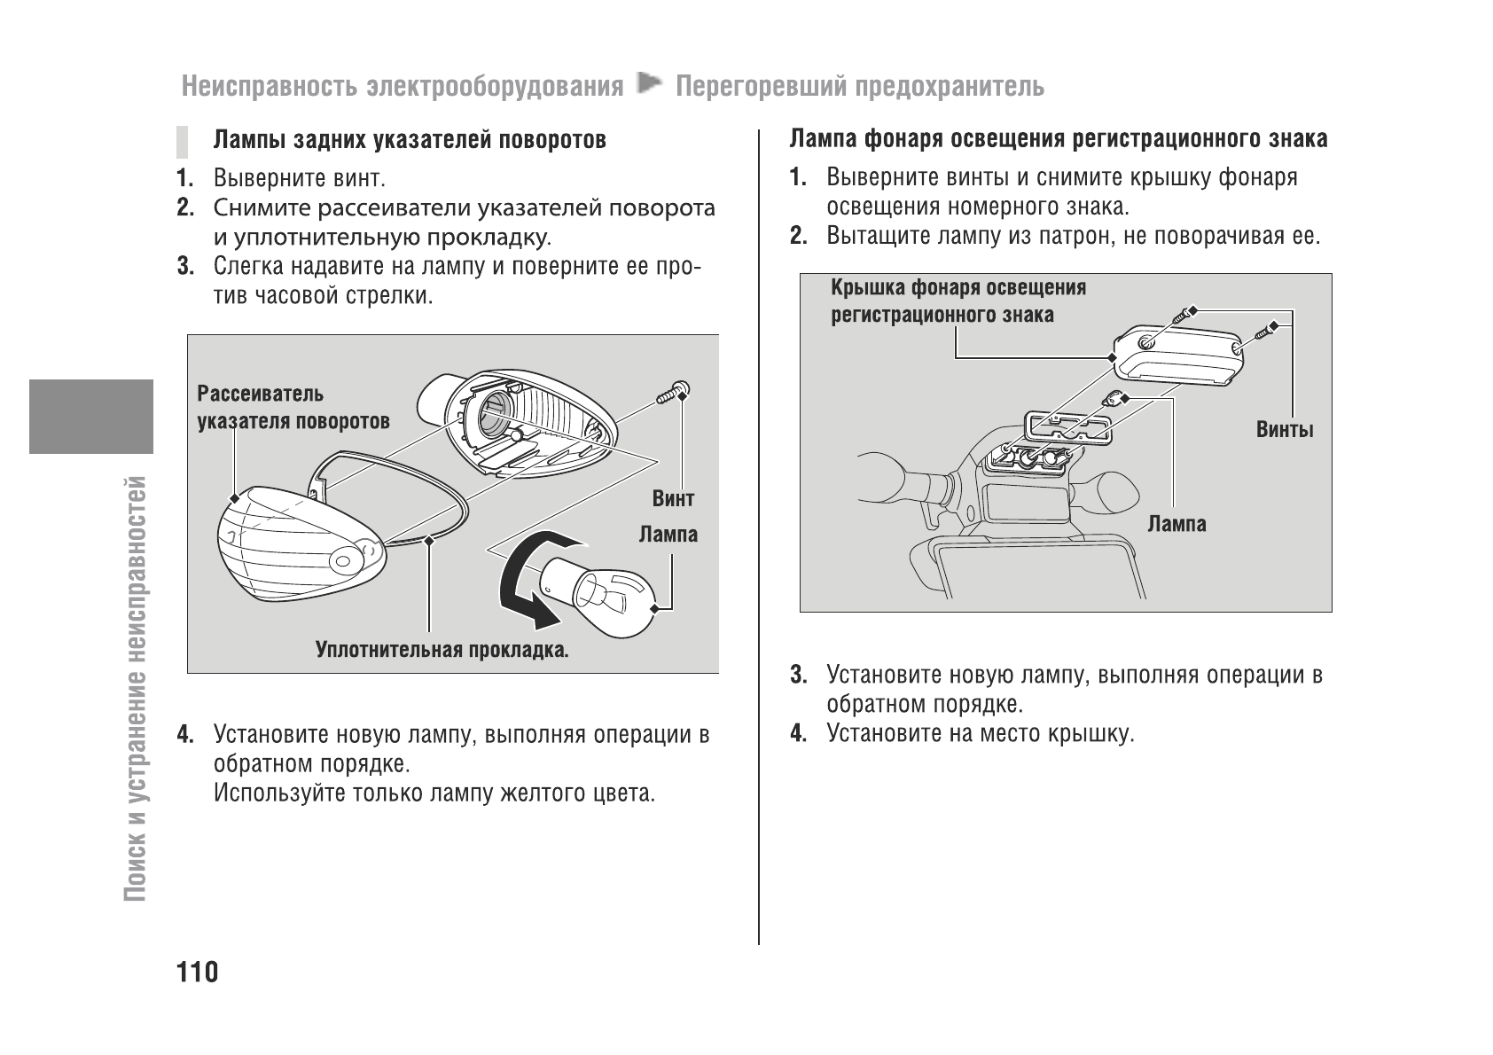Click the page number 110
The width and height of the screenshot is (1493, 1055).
pyautogui.click(x=198, y=972)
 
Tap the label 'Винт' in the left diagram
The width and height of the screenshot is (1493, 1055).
pyautogui.click(x=673, y=499)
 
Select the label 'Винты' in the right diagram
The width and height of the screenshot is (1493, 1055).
pyautogui.click(x=1285, y=430)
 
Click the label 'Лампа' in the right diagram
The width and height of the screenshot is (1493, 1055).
pyautogui.click(x=1176, y=524)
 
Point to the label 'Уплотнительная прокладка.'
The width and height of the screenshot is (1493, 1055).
pyautogui.click(x=442, y=651)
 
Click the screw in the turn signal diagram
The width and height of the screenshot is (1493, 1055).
pyautogui.click(x=674, y=392)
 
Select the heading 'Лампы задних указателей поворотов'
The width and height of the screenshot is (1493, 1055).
pyautogui.click(x=410, y=140)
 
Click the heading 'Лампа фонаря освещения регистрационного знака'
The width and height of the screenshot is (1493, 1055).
pyautogui.click(x=1059, y=139)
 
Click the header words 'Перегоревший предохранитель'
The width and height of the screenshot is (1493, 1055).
pyautogui.click(x=859, y=87)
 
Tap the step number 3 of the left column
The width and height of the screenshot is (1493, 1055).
pyautogui.click(x=184, y=267)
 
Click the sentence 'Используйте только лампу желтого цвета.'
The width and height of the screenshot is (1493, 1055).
pyautogui.click(x=434, y=792)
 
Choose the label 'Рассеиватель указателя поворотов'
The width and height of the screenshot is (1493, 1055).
pyautogui.click(x=293, y=407)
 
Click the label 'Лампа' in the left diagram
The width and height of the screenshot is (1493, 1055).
pyautogui.click(x=668, y=535)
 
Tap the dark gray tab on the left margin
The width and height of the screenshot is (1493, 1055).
pyautogui.click(x=90, y=416)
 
